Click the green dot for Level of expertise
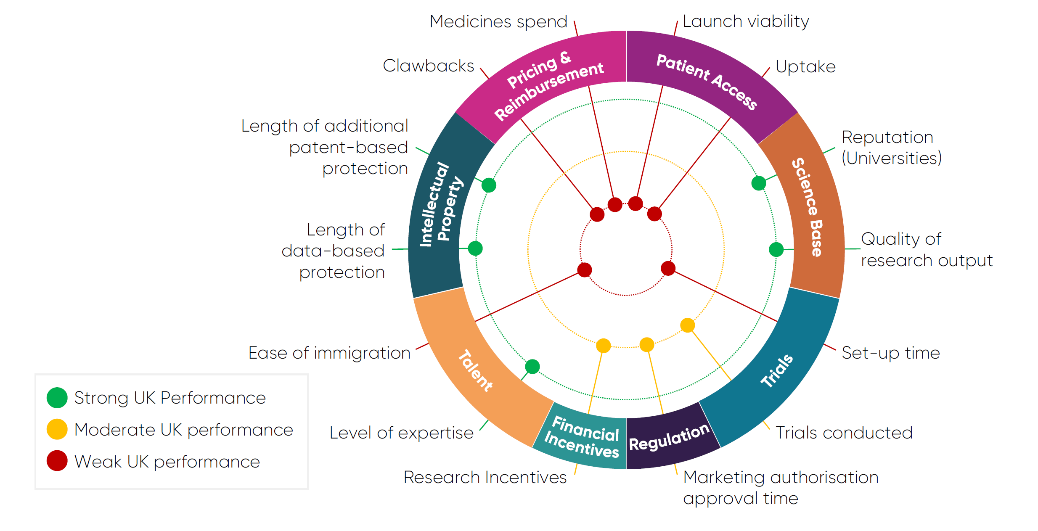[x=532, y=366]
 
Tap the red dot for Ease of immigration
[x=585, y=269]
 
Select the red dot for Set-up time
[x=668, y=268]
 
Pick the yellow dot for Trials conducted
[x=687, y=325]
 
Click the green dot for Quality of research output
[x=776, y=249]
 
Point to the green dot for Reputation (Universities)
[x=758, y=183]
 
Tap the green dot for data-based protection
[x=475, y=248]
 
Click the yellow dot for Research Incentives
[x=603, y=346]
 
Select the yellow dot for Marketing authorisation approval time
[x=646, y=344]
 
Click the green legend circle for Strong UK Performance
[x=57, y=398]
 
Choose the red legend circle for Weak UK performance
[x=57, y=461]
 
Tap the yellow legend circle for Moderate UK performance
[x=57, y=429]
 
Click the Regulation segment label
[x=669, y=437]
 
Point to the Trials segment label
[x=777, y=371]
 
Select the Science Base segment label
[x=807, y=207]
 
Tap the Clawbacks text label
[x=428, y=66]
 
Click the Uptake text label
[x=805, y=67]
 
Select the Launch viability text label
[x=746, y=21]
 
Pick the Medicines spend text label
[x=498, y=22]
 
